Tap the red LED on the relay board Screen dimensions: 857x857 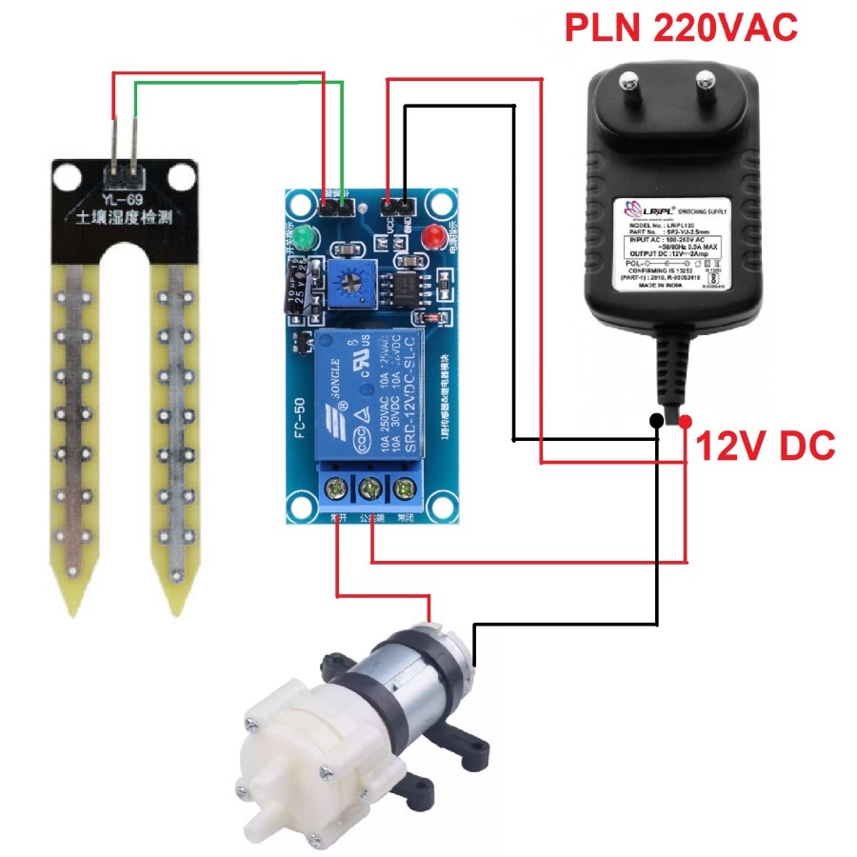coord(436,235)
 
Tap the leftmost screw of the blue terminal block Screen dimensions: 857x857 coord(336,491)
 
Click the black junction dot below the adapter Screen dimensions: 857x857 coord(657,421)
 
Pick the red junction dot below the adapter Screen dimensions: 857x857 coord(686,421)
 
